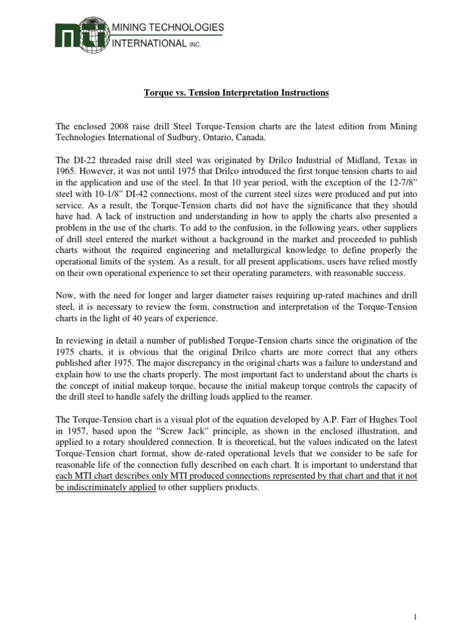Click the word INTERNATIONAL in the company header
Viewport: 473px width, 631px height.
(140, 43)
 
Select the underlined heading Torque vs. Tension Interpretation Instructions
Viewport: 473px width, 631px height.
(236, 93)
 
